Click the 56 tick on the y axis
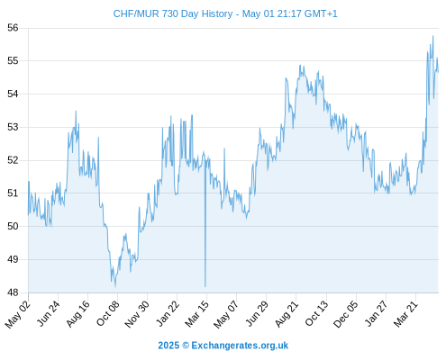click(13, 28)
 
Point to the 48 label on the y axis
click(13, 292)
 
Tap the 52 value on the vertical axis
click(13, 160)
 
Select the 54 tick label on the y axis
click(13, 94)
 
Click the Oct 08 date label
click(108, 313)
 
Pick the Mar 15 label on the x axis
click(197, 313)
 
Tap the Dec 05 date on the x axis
click(346, 313)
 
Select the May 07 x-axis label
click(226, 314)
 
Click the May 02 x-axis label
click(18, 314)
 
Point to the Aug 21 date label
click(287, 313)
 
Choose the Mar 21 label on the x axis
click(406, 313)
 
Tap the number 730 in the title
click(170, 13)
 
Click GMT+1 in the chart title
click(321, 13)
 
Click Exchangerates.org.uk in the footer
click(240, 346)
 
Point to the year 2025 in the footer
click(168, 346)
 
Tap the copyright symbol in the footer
click(186, 346)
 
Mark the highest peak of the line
click(432, 36)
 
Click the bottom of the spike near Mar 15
click(205, 286)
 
